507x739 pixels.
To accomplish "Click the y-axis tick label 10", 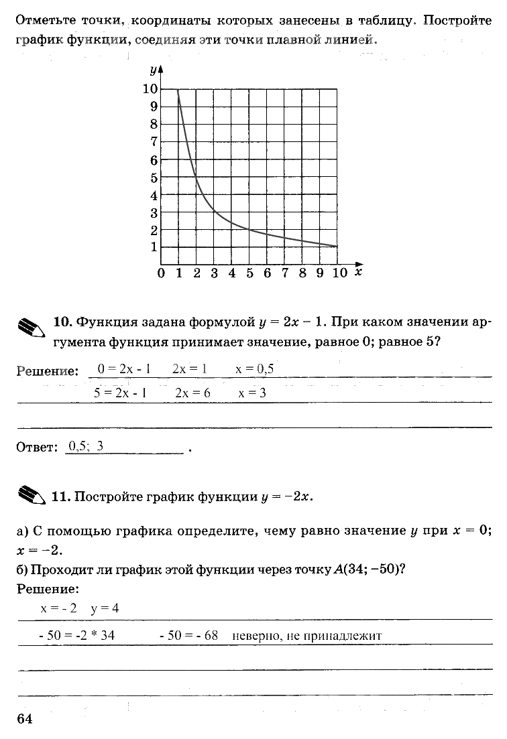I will tap(150, 89).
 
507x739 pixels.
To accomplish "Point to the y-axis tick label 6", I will tap(154, 160).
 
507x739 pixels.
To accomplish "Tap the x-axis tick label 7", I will tap(285, 273).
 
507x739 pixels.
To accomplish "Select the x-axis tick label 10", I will tap(339, 273).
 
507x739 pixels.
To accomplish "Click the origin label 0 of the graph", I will tap(161, 273).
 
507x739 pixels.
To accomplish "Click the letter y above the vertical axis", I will tap(154, 70).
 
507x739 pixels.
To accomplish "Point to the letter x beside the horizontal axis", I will tap(359, 272).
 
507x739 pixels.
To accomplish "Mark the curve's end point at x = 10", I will tap(337, 247).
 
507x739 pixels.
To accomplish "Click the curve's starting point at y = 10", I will tap(178, 89).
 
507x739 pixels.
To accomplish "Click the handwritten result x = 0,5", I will tap(255, 369).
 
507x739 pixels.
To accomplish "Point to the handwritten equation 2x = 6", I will tap(192, 393).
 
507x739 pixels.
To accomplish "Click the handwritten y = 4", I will tap(105, 608).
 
